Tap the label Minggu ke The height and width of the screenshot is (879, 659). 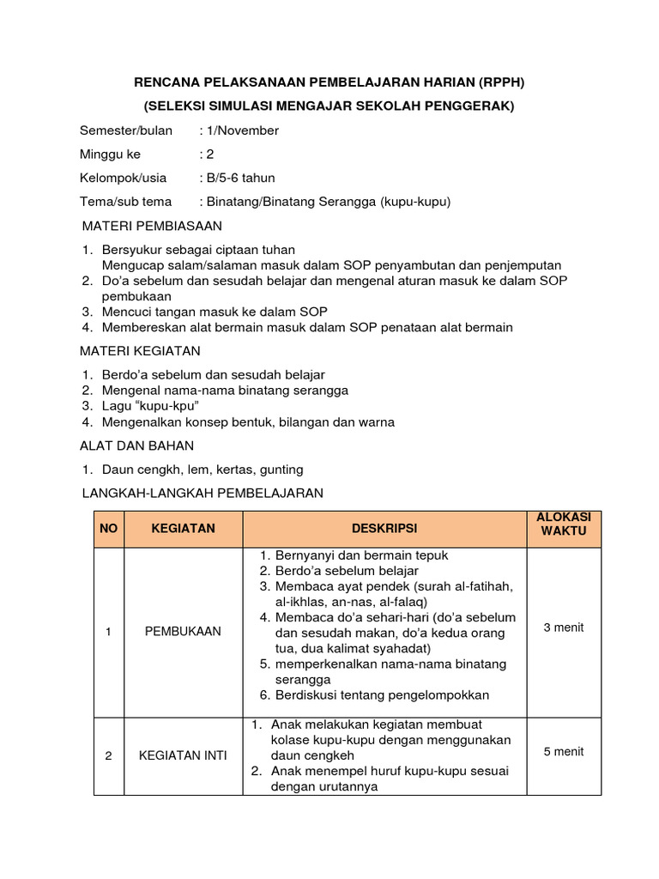coord(110,155)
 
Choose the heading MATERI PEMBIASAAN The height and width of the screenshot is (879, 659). coord(151,226)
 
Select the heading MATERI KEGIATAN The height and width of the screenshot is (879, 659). coord(140,351)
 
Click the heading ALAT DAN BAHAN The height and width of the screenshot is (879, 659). coord(137,446)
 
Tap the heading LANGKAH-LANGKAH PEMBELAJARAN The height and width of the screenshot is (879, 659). coord(202,493)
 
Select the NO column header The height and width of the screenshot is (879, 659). coord(108,529)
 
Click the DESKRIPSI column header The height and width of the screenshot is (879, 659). coord(384,529)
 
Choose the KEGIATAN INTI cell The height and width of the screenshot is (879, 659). coord(183,756)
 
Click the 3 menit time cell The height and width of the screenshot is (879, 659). coord(563,627)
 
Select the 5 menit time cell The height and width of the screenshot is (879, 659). coord(563,752)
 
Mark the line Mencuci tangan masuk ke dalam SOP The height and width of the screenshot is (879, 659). coord(215,312)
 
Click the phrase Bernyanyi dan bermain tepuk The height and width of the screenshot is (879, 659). coord(361,555)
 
